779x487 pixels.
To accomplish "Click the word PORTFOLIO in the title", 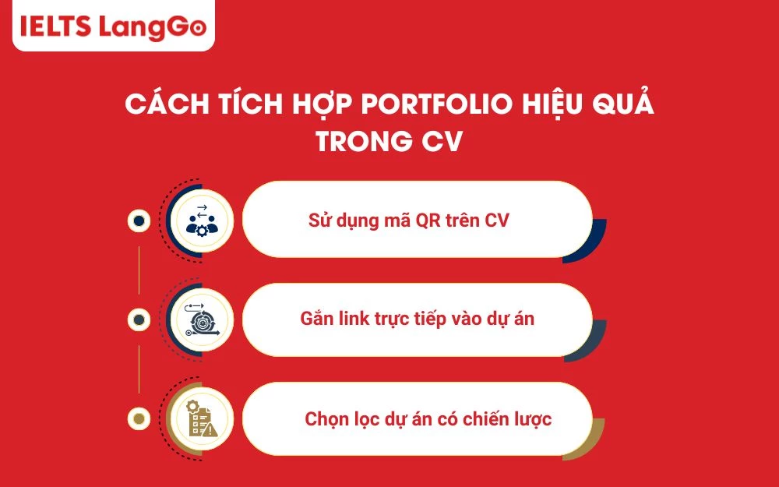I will (x=422, y=105).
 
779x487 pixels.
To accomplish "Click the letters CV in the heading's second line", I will (x=444, y=143).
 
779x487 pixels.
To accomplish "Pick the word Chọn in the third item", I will (x=326, y=419).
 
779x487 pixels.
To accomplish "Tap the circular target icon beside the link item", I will (x=203, y=319).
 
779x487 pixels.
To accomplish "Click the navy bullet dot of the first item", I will (x=139, y=221).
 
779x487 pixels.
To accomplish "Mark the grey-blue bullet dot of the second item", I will (x=139, y=319).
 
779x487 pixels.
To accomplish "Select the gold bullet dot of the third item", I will (x=139, y=419).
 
